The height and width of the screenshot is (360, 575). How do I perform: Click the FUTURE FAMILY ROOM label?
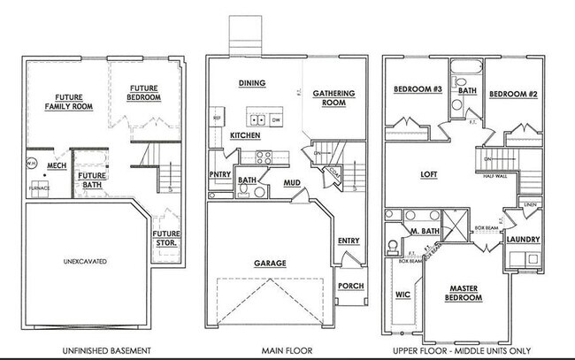[63, 102]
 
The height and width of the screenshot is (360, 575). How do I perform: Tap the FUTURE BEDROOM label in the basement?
[144, 93]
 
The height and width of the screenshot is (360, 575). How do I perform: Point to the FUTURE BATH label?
[88, 180]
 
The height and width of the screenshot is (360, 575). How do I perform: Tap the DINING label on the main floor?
[253, 83]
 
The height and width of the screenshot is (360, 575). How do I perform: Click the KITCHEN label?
[245, 135]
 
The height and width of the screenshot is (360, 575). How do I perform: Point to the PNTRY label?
[220, 176]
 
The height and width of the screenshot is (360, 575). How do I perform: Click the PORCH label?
[350, 286]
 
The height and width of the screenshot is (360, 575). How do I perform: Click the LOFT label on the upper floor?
[430, 174]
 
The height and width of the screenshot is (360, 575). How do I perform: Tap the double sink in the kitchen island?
[257, 121]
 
